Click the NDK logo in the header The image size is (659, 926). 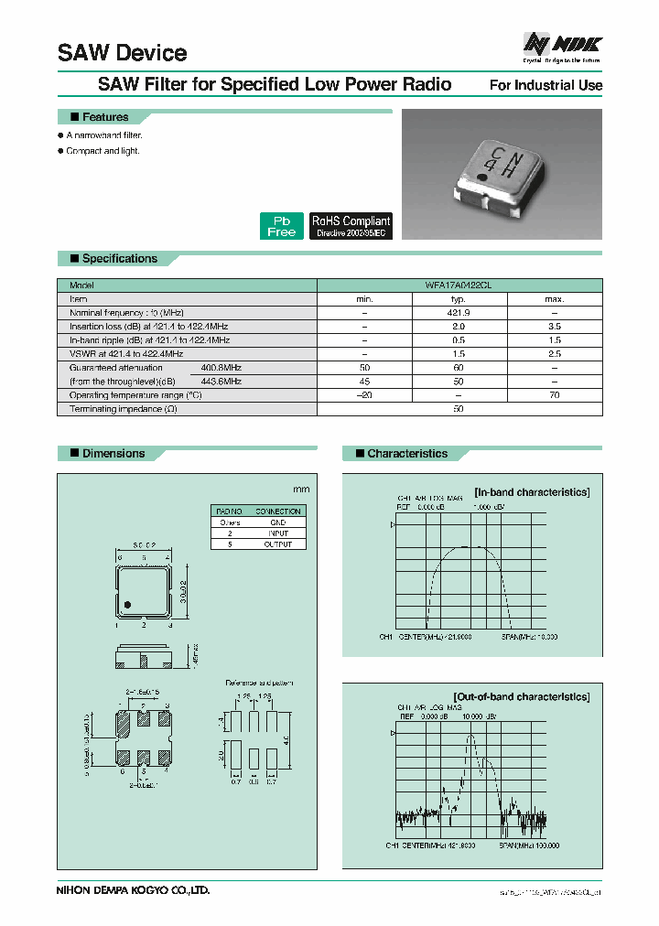point(561,45)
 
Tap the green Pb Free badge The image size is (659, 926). point(281,226)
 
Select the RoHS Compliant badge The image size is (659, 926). point(351,226)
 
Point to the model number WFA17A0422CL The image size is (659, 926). point(459,285)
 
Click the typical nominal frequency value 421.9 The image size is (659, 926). point(459,313)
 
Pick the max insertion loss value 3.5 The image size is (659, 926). point(555,327)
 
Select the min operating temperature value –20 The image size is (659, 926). point(364,395)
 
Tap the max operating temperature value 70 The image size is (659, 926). point(555,395)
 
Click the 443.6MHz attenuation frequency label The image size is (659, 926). point(221,381)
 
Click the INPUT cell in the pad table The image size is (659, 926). point(278,533)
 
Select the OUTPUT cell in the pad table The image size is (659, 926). point(278,544)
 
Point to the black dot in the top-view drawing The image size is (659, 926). point(128,604)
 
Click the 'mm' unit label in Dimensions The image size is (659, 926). point(300,490)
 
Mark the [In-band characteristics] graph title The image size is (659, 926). point(531,492)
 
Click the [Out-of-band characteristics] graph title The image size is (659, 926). point(521,696)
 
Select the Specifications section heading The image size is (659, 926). point(119,259)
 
